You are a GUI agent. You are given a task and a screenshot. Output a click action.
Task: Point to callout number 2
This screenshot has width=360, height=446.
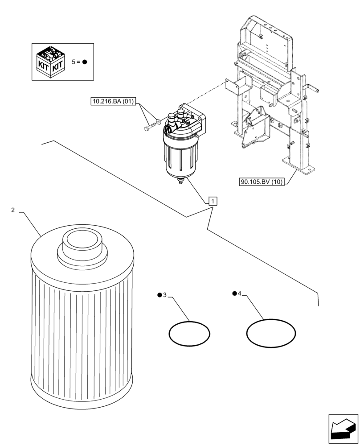(13, 210)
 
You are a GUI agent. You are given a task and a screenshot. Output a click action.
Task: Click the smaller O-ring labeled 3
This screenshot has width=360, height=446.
(189, 333)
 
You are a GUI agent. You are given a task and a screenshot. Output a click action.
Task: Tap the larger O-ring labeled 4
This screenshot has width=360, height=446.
(271, 333)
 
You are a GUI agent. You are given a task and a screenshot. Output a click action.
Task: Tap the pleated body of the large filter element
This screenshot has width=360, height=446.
(82, 330)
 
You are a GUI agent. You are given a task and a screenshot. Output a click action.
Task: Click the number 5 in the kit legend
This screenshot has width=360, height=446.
(74, 62)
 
